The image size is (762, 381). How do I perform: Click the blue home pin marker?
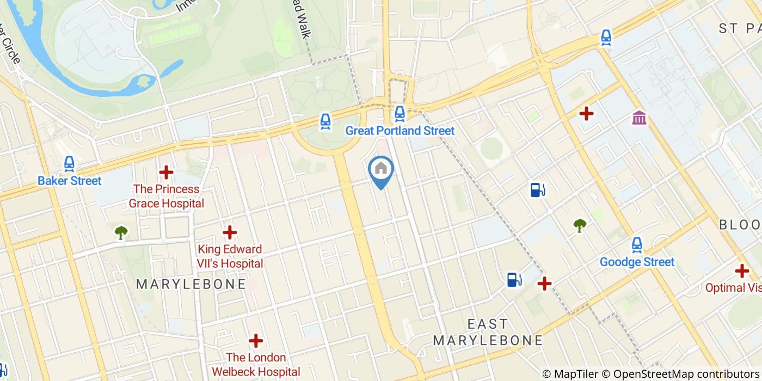[381, 169]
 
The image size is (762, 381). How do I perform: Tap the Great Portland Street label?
[400, 131]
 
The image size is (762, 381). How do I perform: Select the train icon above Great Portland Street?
[400, 113]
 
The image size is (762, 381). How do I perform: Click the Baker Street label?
[70, 181]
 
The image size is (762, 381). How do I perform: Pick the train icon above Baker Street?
[69, 163]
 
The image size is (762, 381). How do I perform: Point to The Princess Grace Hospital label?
[167, 196]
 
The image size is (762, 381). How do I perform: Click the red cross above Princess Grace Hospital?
[166, 173]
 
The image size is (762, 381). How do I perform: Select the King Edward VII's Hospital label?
[230, 256]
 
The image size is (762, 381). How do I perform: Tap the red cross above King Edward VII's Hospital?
[230, 232]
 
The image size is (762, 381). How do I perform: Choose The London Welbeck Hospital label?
[256, 365]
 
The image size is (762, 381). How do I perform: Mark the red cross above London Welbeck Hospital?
[256, 341]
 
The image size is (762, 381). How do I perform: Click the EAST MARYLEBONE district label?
[488, 333]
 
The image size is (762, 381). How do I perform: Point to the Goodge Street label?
[637, 262]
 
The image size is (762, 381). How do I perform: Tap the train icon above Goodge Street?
[637, 244]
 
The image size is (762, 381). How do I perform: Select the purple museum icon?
[640, 117]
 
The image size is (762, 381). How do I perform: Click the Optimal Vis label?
[733, 288]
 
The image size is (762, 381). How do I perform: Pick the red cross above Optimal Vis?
[742, 271]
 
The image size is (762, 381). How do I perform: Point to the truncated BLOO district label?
[740, 225]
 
